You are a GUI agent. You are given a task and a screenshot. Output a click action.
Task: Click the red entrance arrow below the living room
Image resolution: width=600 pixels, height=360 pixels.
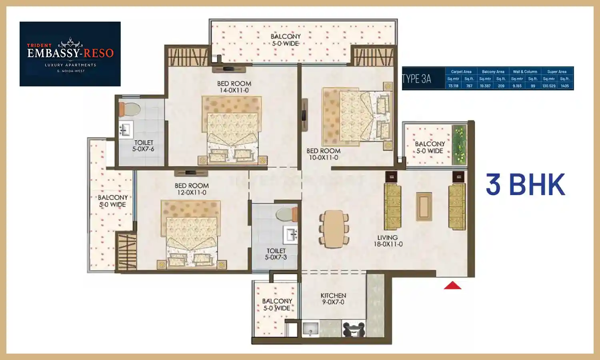[x=452, y=285]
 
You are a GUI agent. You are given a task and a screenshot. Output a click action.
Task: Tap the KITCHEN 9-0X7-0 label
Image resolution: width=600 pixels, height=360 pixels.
[x=333, y=299]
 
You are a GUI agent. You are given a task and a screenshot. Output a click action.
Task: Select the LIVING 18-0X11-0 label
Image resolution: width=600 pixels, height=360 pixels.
[x=388, y=241]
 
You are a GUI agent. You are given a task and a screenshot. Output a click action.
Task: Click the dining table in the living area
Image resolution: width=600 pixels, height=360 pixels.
[x=334, y=229]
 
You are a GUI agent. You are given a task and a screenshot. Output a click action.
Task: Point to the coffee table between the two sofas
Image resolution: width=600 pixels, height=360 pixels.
[x=424, y=206]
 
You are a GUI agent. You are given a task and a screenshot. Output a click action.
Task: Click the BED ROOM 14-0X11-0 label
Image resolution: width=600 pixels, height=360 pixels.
[x=234, y=87]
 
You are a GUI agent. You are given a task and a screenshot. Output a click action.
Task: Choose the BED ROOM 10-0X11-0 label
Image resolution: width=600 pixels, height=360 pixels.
[x=323, y=154]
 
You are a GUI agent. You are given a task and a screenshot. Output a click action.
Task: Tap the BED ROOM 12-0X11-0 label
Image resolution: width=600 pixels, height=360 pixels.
[x=192, y=189]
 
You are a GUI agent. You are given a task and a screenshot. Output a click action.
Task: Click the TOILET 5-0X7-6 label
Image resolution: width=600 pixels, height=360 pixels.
[x=144, y=146]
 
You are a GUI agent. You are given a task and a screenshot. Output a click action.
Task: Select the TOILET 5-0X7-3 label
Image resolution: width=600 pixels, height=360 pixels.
[x=276, y=254]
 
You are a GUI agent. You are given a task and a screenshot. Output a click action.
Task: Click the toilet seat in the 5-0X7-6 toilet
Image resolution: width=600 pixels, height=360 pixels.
[x=130, y=108]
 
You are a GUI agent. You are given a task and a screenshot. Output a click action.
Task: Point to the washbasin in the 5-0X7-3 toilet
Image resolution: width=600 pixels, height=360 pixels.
[x=291, y=235]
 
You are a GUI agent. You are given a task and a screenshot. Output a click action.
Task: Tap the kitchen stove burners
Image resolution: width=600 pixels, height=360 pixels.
[x=354, y=330]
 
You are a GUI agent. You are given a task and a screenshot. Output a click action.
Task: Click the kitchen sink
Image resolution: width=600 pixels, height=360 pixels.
[x=310, y=329]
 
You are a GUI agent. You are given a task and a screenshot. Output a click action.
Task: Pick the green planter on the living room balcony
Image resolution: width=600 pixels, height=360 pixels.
[x=459, y=145]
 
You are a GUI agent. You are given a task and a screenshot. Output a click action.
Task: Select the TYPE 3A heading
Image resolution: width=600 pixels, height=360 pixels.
[x=416, y=79]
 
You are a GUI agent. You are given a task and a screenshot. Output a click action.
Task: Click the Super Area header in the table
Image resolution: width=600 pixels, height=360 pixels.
[x=557, y=72]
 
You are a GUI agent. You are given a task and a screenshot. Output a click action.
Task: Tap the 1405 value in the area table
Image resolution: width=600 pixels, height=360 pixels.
[x=564, y=86]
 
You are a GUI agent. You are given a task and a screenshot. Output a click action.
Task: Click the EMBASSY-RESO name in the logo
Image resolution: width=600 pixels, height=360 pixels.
[x=70, y=53]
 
